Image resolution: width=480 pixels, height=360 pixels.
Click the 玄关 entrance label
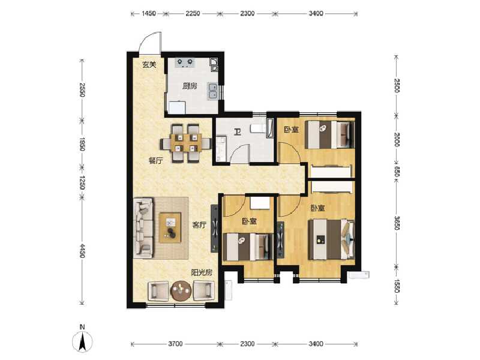(x=149, y=65)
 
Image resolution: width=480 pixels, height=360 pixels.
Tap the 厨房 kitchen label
(x=190, y=86)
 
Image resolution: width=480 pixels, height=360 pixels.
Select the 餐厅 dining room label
(x=156, y=160)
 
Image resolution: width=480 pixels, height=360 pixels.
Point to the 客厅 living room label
(x=199, y=225)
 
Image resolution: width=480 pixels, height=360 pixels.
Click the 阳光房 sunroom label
(x=201, y=272)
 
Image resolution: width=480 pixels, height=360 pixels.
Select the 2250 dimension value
(x=193, y=13)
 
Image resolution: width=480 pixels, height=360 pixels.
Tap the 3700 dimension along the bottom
(x=175, y=344)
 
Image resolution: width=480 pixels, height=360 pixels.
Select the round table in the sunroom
(x=180, y=292)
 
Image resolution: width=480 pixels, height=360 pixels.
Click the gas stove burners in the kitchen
(x=183, y=61)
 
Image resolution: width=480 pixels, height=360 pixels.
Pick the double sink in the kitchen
(x=212, y=90)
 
